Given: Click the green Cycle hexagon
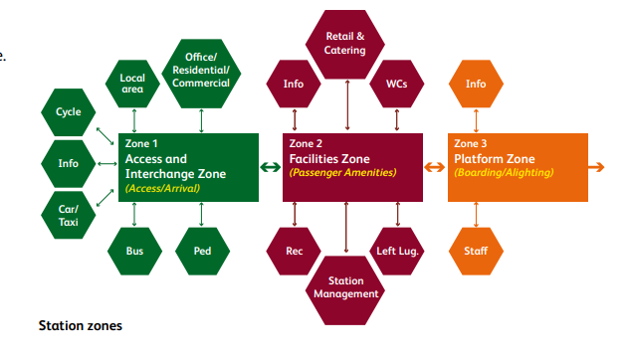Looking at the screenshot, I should pos(69,113).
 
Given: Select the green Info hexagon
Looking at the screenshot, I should pos(69,163).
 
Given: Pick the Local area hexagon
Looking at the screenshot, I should pos(132,84).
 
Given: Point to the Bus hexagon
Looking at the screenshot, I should pos(135,252).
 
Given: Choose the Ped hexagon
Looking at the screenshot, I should pos(202,252).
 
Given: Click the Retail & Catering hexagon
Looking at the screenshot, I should pos(345,43).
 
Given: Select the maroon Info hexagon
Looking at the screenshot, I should pos(294,85).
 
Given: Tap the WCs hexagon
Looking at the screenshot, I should pos(396,85).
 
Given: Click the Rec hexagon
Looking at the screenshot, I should pos(295,252).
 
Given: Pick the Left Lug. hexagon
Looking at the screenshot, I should pos(397,252).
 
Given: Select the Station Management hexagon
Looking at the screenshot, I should pos(346,286).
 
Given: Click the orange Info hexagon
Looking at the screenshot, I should pos(476,85).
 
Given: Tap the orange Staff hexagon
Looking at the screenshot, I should pos(476,252).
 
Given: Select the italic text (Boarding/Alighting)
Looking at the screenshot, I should pos(504,173).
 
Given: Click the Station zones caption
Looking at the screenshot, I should pos(80,325).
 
